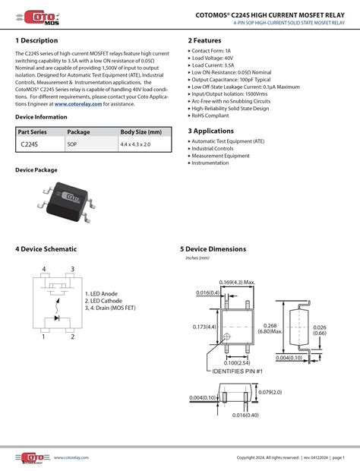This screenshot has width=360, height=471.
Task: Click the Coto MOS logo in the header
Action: [37, 17]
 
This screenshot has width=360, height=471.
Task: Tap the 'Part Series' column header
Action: [33, 132]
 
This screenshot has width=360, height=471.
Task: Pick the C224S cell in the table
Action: [30, 144]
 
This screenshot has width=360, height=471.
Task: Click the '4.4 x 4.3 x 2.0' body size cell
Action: [135, 144]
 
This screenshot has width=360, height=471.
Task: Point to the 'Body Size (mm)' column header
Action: [141, 132]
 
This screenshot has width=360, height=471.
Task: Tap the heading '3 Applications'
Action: [211, 131]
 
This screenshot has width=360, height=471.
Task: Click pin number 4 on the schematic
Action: [43, 269]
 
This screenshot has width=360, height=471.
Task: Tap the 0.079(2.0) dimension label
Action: [269, 393]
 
